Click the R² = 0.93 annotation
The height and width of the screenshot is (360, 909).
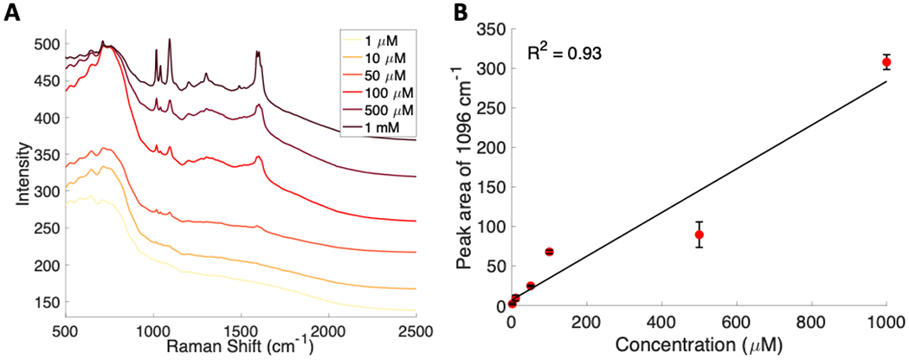click(565, 54)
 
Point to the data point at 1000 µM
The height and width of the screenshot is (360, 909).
click(886, 62)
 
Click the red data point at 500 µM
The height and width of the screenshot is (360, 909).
click(699, 235)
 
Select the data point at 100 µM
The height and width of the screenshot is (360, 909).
click(549, 252)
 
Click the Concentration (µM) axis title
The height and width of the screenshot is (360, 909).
click(699, 344)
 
